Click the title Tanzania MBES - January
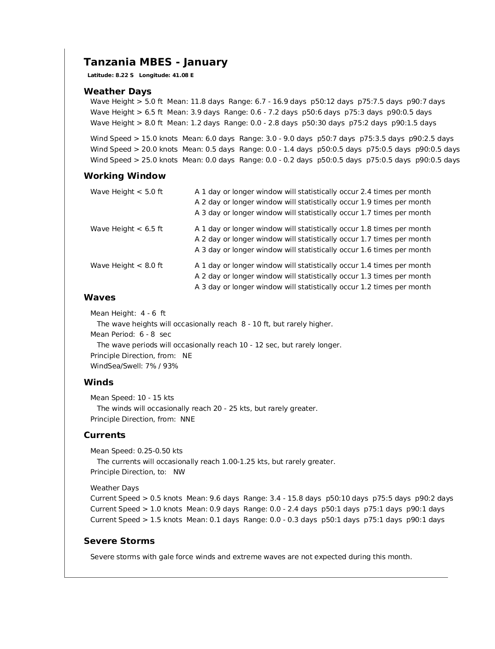(156, 62)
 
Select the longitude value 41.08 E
(184, 75)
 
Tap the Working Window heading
(125, 176)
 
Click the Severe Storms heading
(119, 541)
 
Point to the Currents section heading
(104, 435)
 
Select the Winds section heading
(99, 382)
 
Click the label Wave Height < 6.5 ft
(127, 229)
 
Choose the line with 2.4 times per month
(313, 192)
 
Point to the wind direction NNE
(188, 419)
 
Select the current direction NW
(179, 472)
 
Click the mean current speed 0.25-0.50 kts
(159, 451)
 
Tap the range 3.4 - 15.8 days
(282, 498)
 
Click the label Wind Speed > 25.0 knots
(134, 160)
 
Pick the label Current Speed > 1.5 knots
(136, 520)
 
